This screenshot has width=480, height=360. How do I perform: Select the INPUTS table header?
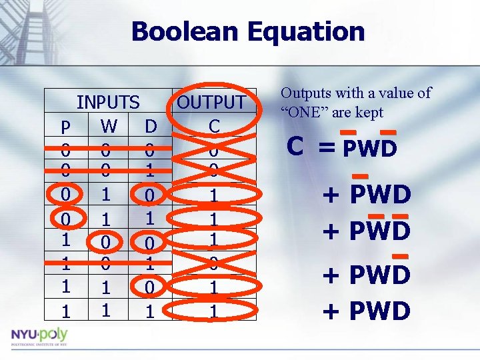(x=108, y=103)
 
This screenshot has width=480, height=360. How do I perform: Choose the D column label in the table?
(x=151, y=125)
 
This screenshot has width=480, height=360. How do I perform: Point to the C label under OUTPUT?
(x=213, y=125)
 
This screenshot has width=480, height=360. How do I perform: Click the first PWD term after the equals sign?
(x=370, y=148)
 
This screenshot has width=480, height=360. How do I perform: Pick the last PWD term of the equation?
(x=380, y=311)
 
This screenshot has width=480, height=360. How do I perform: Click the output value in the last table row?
(x=213, y=311)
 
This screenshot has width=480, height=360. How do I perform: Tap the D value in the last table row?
(x=151, y=311)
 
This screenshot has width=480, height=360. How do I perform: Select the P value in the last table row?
(x=65, y=311)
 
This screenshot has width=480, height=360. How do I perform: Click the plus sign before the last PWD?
(x=331, y=311)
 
